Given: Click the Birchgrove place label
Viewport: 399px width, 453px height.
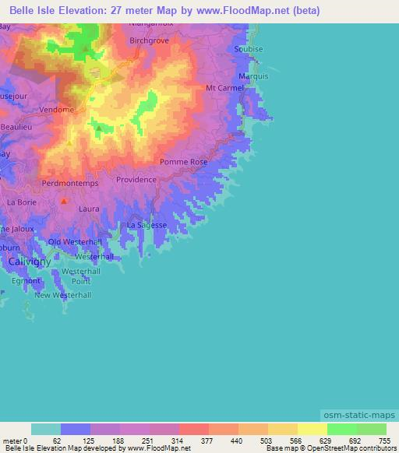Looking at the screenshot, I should pos(150,39).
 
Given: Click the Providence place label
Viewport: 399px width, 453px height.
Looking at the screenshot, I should pos(136,179).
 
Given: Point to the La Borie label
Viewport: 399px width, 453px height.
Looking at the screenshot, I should pos(21,202).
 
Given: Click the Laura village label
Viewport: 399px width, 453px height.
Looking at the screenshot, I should pos(88,209).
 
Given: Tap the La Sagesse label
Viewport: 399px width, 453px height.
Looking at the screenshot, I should pos(147,225).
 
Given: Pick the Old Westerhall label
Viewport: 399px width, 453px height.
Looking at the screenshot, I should pos(76,242).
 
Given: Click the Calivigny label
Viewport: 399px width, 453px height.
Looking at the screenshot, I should pos(30,262).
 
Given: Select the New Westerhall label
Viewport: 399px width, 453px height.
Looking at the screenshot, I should pos(63,295).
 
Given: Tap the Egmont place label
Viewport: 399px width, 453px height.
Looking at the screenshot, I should pos(26,280).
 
